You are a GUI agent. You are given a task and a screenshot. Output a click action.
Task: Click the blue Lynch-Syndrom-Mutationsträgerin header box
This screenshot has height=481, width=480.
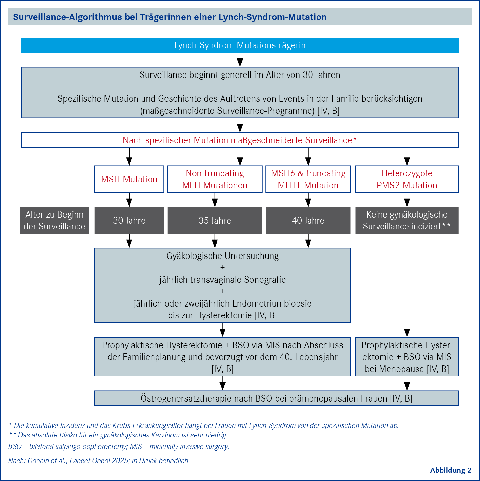(240, 45)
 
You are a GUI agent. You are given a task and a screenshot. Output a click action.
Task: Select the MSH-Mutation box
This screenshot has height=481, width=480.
(129, 179)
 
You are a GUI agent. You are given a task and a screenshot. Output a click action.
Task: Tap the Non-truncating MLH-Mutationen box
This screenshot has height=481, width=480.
(215, 179)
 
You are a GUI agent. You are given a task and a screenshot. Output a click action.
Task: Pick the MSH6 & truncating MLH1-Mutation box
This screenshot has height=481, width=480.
(308, 179)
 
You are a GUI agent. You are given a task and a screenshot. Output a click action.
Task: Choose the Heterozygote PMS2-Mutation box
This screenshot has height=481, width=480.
(407, 179)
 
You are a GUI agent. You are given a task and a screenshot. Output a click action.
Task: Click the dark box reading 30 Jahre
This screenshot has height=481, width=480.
(129, 220)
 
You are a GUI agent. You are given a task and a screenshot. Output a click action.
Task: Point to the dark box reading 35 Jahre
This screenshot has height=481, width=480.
(215, 220)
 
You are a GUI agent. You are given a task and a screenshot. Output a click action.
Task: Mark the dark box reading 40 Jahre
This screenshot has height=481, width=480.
(308, 220)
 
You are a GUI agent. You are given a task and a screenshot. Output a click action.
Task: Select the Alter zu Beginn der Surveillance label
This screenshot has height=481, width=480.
(55, 220)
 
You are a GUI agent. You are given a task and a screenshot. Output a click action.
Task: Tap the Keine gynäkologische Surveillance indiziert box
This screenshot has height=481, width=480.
(407, 220)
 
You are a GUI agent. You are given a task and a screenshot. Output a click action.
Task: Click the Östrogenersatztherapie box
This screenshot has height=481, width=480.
(277, 398)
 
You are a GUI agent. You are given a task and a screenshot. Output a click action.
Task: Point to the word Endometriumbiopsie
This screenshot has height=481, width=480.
(272, 303)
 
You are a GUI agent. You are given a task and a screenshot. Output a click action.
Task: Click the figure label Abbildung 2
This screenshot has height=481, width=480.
(451, 471)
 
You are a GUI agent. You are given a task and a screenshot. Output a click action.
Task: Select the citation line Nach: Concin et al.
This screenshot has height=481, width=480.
(98, 461)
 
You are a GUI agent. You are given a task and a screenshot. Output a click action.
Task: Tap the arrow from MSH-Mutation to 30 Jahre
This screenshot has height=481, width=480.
(129, 200)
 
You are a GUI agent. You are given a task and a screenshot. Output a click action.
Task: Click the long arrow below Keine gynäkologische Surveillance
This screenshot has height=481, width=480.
(407, 285)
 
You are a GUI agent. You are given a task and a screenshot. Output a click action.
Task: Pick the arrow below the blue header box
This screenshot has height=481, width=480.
(240, 60)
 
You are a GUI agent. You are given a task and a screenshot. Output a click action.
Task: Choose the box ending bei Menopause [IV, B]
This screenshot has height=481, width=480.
(407, 357)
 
